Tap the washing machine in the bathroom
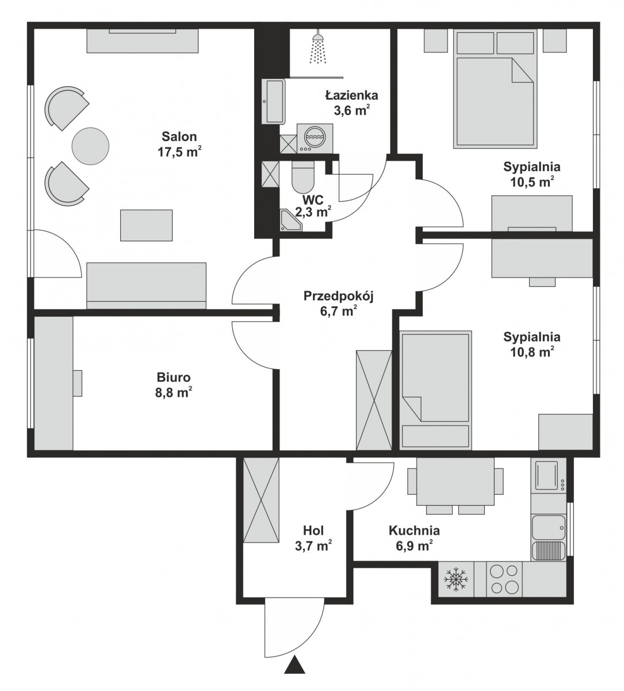(x=315, y=138)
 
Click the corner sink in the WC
(x=291, y=220)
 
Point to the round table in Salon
(x=91, y=146)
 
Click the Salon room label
(x=179, y=136)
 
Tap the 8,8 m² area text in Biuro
(x=174, y=393)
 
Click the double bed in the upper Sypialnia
(x=496, y=89)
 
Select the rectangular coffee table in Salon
(x=146, y=225)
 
